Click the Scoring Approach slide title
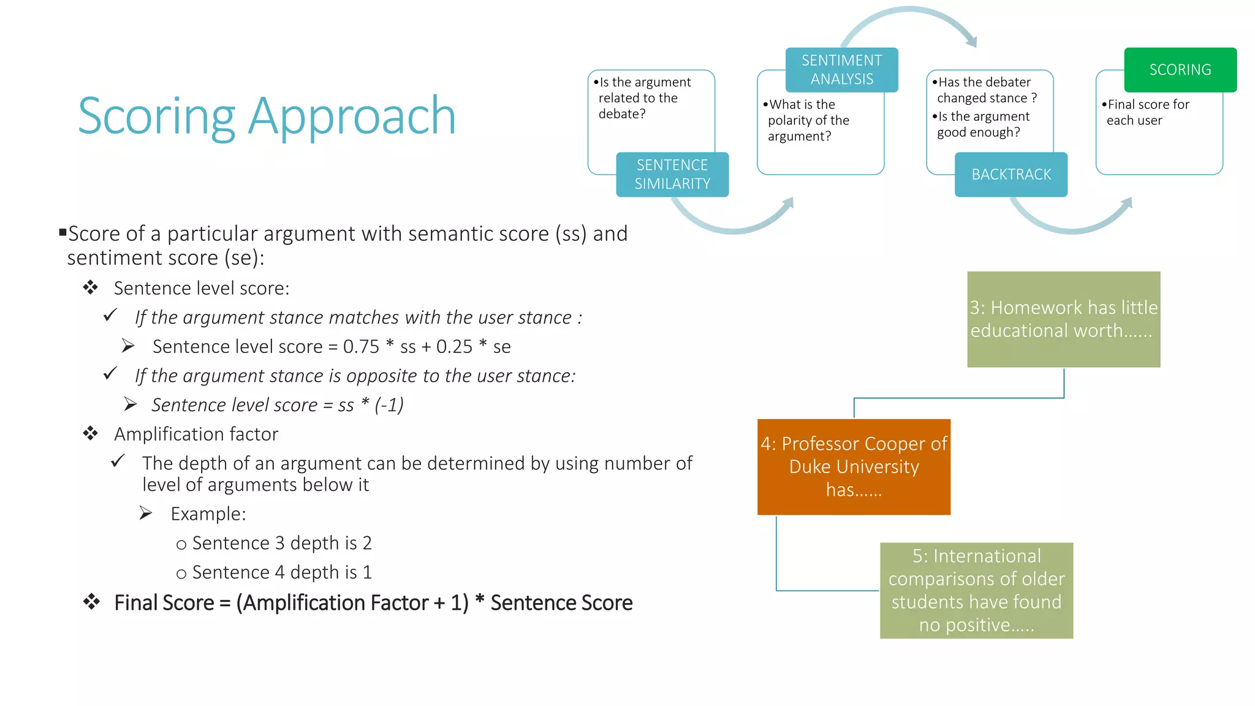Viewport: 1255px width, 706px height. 267,116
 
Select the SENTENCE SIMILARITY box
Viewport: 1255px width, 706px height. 672,175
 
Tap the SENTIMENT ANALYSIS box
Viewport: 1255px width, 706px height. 841,70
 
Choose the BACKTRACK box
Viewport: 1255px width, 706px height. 1010,175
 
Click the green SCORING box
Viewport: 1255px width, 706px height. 1180,70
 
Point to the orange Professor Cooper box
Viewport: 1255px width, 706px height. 854,467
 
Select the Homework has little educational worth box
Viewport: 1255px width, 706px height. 1063,319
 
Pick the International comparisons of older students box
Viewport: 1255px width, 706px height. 976,590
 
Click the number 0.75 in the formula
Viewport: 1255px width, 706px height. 361,347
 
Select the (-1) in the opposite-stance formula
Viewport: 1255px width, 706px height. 389,405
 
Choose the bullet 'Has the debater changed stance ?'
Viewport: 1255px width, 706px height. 985,90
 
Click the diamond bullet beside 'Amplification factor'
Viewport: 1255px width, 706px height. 91,434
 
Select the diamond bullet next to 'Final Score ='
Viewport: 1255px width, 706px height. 91,602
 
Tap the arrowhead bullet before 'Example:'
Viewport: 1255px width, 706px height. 145,513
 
